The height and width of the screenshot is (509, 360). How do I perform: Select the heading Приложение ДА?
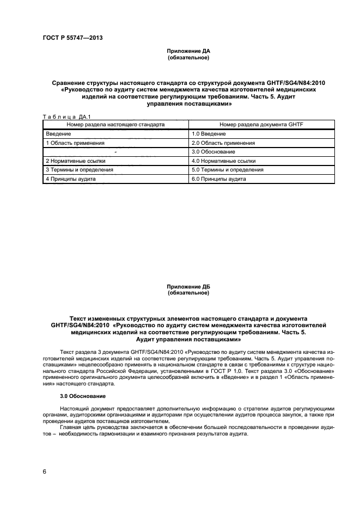pyautogui.click(x=188, y=51)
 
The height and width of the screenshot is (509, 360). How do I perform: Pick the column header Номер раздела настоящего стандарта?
pyautogui.click(x=115, y=125)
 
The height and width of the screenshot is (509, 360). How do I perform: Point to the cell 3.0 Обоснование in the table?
pyautogui.click(x=213, y=151)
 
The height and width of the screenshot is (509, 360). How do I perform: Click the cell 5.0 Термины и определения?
pyautogui.click(x=228, y=169)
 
